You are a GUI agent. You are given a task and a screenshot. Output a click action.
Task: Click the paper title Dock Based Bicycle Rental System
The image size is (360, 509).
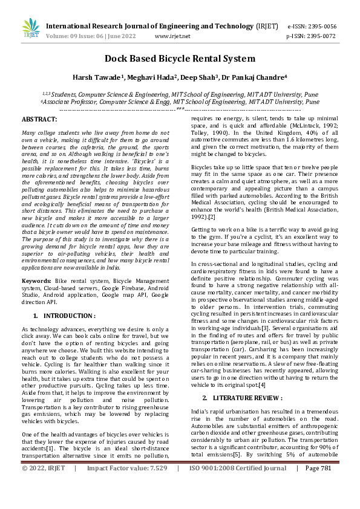click(180, 59)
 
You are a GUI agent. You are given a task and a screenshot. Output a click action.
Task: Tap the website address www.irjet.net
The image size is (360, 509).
click(172, 36)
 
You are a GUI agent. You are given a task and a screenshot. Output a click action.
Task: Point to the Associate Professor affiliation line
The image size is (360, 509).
click(180, 102)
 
